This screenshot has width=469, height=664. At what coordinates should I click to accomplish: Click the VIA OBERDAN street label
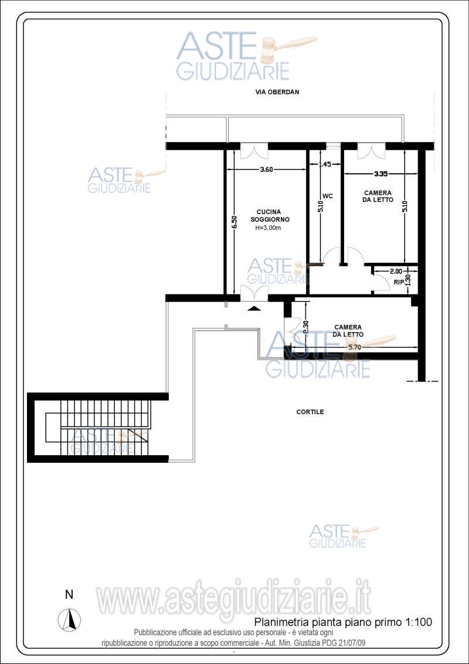[278, 92]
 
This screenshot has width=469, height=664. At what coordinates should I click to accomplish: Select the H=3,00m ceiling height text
[268, 228]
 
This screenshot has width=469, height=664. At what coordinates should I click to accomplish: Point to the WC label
[327, 196]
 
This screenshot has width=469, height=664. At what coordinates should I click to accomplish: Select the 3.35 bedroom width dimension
[381, 173]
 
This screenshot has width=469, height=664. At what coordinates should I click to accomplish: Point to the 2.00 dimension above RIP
[396, 270]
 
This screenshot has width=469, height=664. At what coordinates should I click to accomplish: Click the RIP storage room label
[398, 282]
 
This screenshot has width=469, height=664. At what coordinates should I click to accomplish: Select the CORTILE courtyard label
[310, 412]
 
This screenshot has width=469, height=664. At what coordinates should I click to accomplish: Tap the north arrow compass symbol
[69, 619]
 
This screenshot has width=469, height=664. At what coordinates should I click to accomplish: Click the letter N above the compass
[69, 595]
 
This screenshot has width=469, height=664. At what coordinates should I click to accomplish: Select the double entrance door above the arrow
[254, 293]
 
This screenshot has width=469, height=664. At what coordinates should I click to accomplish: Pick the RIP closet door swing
[380, 282]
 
